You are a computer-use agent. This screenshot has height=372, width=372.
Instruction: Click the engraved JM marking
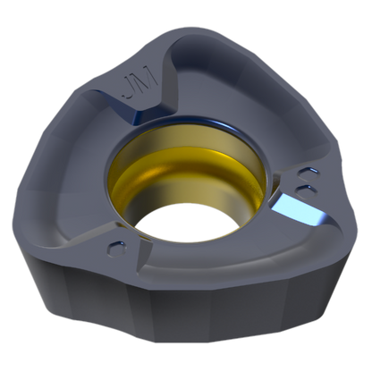[140, 84]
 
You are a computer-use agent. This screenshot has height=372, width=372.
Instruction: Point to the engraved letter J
[130, 88]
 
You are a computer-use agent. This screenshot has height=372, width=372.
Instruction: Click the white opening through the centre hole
[187, 222]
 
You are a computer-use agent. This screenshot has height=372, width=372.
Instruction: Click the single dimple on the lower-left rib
[117, 249]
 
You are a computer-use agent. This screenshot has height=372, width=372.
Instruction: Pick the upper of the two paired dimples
[309, 173]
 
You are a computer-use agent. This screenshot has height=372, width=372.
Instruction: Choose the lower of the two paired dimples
[305, 190]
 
